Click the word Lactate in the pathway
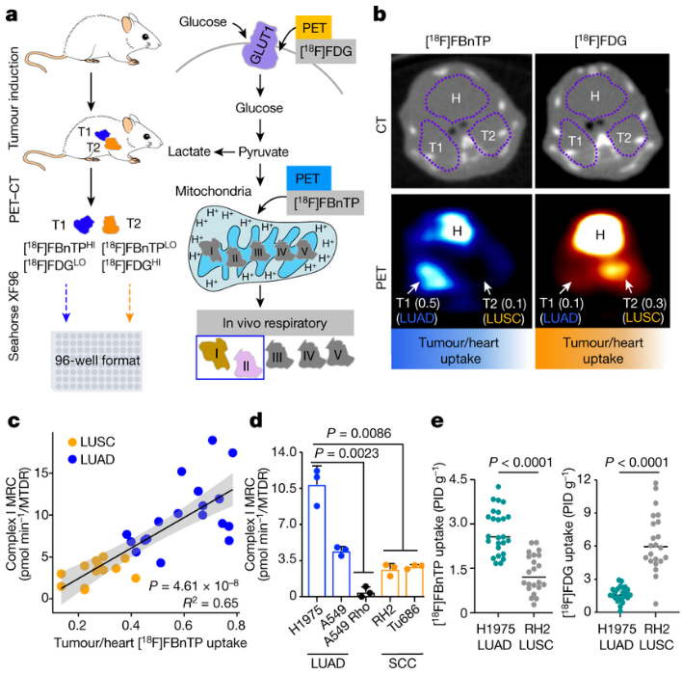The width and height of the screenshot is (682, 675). click(188, 151)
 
